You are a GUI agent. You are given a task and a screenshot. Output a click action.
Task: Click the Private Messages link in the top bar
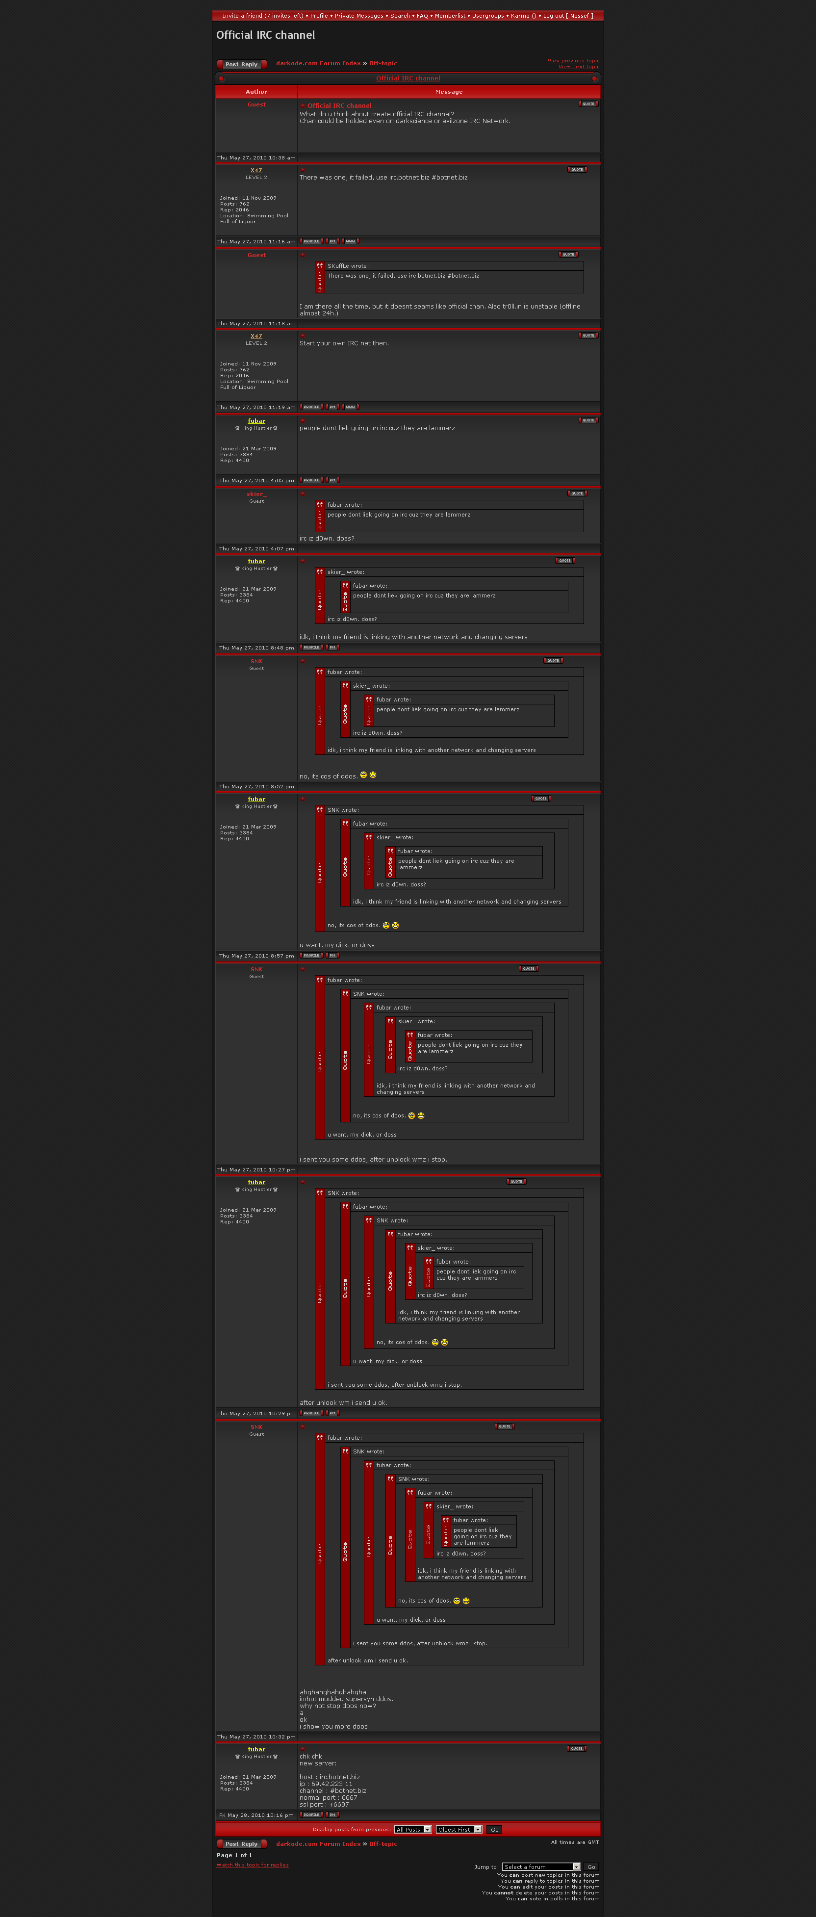[x=358, y=16]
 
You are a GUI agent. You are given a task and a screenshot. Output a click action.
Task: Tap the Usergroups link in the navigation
[x=487, y=16]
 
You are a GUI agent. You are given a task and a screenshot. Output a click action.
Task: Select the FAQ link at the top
[x=422, y=16]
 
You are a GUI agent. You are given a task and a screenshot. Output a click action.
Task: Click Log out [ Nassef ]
[x=567, y=16]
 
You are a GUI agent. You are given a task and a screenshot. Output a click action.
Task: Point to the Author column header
[x=256, y=92]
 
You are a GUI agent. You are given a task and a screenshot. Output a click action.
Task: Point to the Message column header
[x=449, y=92]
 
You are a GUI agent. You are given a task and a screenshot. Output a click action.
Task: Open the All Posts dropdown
[x=413, y=1829]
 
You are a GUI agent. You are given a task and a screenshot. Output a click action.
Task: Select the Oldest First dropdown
[x=459, y=1829]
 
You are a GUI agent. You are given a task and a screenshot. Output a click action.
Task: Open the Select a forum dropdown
[x=541, y=1866]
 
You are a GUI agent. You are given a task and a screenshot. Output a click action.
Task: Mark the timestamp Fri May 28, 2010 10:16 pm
[x=256, y=1815]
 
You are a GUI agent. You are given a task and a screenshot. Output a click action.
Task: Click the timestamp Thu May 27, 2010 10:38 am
[x=256, y=158]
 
